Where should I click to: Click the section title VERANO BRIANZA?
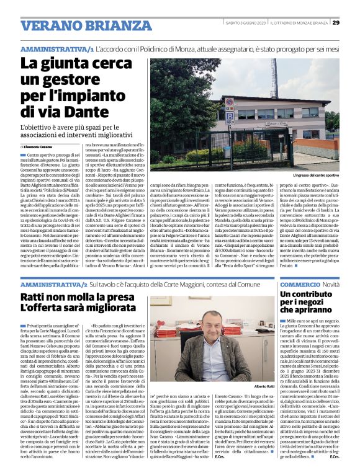(77, 25)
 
